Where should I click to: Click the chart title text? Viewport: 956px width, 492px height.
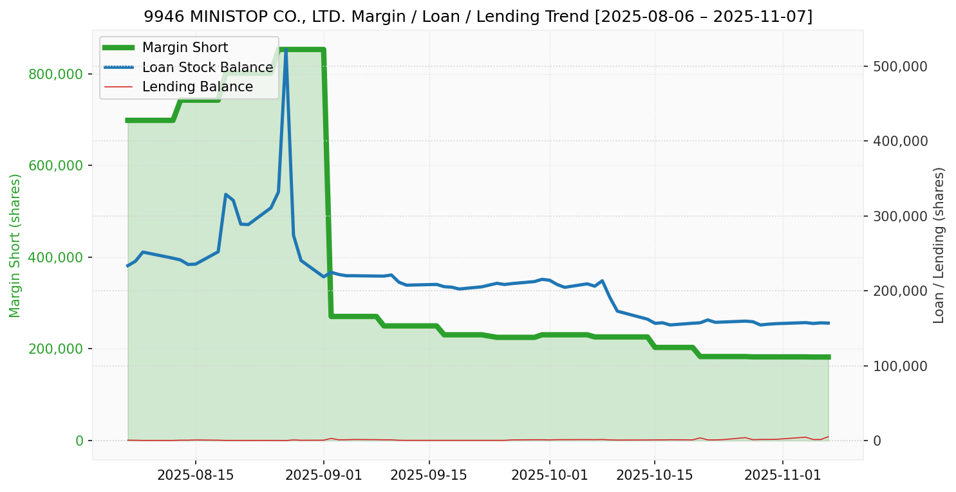(x=478, y=17)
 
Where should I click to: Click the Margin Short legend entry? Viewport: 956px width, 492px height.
(x=185, y=48)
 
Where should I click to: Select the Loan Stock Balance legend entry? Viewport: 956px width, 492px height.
(x=207, y=68)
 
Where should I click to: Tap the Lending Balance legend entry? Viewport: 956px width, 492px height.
(x=197, y=87)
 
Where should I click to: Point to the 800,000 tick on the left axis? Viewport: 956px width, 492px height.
(x=56, y=74)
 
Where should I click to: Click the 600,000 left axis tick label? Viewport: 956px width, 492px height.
(x=56, y=165)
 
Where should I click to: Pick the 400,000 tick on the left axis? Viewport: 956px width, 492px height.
(x=56, y=257)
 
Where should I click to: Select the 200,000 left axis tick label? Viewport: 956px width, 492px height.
(x=56, y=349)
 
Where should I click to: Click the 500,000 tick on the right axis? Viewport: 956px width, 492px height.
(x=899, y=66)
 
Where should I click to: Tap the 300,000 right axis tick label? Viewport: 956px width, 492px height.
(x=899, y=216)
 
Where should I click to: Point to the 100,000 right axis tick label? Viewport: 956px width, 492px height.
(x=899, y=366)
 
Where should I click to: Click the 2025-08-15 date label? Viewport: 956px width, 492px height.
(x=195, y=475)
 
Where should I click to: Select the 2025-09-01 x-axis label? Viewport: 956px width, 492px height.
(x=323, y=475)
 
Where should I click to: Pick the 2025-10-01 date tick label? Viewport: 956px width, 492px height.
(x=549, y=475)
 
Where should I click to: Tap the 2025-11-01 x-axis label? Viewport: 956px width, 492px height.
(x=783, y=475)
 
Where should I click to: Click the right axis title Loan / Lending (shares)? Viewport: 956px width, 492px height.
(x=939, y=245)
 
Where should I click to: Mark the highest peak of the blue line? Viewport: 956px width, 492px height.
(x=286, y=50)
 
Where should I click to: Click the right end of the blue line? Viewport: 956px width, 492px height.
(x=828, y=323)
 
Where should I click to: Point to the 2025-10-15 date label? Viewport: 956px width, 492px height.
(x=655, y=475)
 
